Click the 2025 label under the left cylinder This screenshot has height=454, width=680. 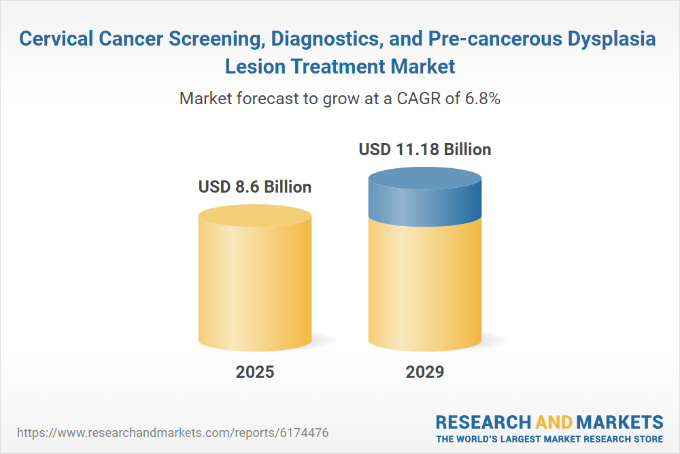tap(255, 372)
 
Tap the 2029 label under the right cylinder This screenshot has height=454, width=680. tap(425, 372)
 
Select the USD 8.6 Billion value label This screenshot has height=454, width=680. tap(255, 187)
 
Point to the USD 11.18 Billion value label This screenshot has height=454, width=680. tap(425, 149)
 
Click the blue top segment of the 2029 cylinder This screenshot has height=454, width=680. tap(425, 197)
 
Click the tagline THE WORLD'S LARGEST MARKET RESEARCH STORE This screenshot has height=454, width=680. tap(549, 438)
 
